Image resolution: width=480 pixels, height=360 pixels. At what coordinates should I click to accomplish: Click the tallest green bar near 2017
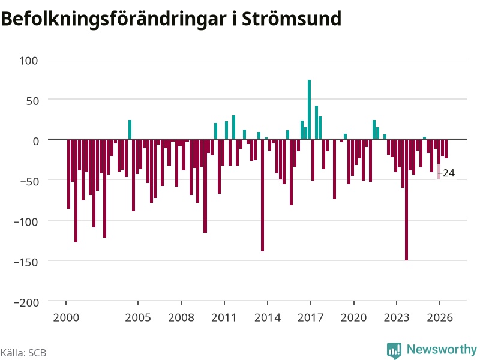tap(309, 109)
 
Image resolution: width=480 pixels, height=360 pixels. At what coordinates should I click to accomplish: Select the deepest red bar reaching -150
tap(407, 200)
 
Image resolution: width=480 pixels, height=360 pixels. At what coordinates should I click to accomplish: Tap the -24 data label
tap(446, 173)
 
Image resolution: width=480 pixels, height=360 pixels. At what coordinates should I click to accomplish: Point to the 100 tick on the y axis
tap(29, 61)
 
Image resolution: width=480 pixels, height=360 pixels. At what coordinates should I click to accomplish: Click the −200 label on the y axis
tap(26, 302)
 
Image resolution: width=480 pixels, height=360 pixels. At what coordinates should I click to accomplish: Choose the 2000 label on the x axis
tap(66, 317)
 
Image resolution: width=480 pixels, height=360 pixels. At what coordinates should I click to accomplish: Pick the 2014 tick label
tap(268, 317)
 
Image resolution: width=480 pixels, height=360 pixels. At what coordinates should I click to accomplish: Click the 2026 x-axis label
tap(440, 317)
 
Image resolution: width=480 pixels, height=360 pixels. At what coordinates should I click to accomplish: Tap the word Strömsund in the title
tap(292, 19)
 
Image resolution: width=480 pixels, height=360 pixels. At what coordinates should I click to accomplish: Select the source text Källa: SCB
tap(23, 353)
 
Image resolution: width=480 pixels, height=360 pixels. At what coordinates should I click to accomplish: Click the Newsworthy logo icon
tap(394, 350)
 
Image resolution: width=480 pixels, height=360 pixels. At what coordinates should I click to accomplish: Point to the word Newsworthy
tap(442, 349)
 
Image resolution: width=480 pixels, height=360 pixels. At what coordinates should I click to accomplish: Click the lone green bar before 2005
tap(130, 130)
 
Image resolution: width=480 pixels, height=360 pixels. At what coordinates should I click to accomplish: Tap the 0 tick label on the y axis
tap(36, 141)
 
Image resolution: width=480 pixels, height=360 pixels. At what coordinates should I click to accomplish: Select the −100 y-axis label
tap(26, 221)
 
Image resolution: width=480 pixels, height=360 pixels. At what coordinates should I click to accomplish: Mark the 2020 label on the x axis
tap(353, 317)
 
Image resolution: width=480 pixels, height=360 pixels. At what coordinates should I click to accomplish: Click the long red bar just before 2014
tap(263, 196)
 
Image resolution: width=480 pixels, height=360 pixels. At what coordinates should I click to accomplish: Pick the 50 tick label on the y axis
tap(32, 101)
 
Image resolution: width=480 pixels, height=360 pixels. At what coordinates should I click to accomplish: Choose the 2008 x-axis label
tap(181, 317)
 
